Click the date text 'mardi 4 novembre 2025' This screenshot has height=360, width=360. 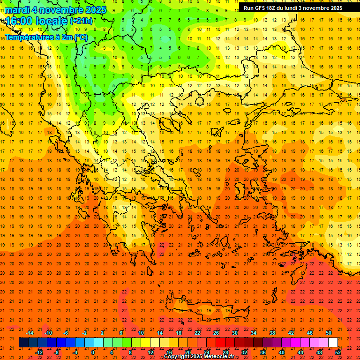tap(55, 10)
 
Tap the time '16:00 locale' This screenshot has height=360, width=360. tap(37, 21)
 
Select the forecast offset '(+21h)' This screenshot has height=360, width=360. tap(81, 21)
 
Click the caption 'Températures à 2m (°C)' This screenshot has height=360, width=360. tap(46, 37)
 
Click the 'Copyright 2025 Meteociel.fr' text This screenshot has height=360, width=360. tap(199, 357)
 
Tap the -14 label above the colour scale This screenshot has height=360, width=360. tap(29, 333)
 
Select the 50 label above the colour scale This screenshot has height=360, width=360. tap(329, 333)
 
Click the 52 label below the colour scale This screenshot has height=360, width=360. tap(338, 352)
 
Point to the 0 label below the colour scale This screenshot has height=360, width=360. tap(93, 352)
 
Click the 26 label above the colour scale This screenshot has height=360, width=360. tap(216, 333)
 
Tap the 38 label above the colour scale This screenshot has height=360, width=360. tap(272, 333)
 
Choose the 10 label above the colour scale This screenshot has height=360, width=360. tap(141, 333)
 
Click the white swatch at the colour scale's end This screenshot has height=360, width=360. tap(333, 343)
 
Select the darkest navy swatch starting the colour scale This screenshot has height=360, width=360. tap(23, 343)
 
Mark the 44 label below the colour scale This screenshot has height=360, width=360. tap(300, 352)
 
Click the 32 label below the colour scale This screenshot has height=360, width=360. tap(244, 352)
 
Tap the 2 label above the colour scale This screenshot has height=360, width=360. tap(102, 333)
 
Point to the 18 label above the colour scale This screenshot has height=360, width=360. tap(179, 333)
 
